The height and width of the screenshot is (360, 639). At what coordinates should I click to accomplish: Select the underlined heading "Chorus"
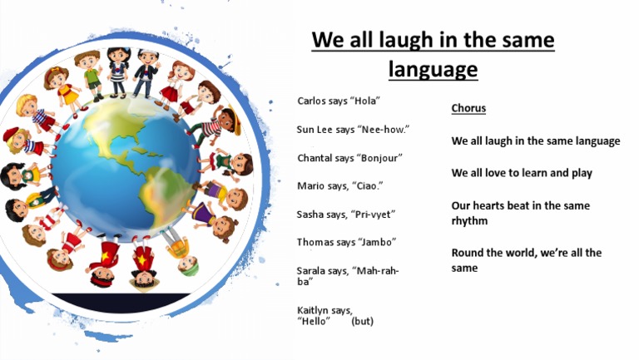pyautogui.click(x=468, y=109)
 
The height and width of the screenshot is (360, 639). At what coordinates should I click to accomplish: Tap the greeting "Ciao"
pyautogui.click(x=366, y=186)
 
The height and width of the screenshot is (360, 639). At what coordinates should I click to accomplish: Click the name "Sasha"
pyautogui.click(x=310, y=215)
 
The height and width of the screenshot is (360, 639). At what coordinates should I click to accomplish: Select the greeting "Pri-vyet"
pyautogui.click(x=372, y=215)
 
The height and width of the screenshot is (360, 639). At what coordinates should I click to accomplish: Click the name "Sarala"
pyautogui.click(x=312, y=271)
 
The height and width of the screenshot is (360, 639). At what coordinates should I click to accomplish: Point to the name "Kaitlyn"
pyautogui.click(x=314, y=310)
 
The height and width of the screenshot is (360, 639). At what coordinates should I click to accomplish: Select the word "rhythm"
pyautogui.click(x=469, y=221)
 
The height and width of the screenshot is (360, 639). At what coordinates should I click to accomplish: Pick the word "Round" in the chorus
pyautogui.click(x=468, y=253)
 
